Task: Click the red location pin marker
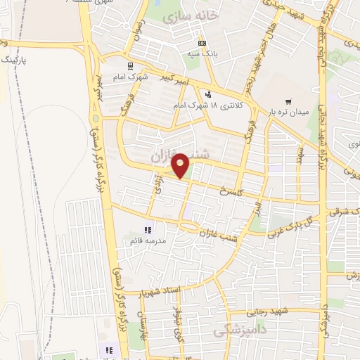(x=181, y=165)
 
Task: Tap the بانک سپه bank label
(x=202, y=53)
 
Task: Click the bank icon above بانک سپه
(x=202, y=42)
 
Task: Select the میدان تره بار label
(x=288, y=112)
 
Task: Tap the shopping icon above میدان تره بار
(x=288, y=101)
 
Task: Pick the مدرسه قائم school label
(x=147, y=240)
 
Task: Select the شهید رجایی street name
(x=269, y=311)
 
